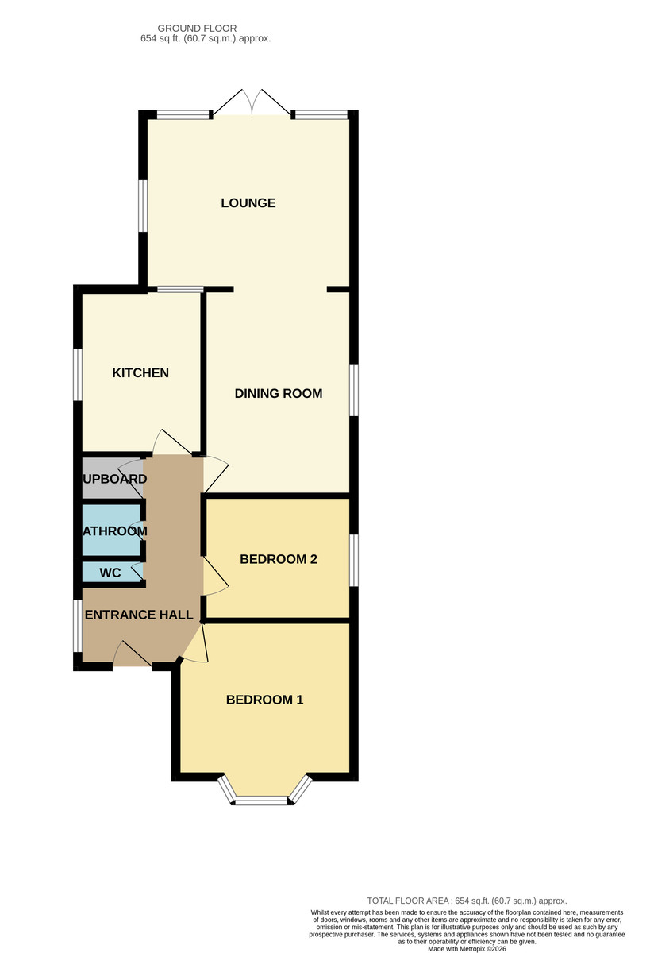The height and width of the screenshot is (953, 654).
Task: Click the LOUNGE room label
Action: tap(248, 203)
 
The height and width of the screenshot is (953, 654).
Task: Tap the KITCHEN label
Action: tap(140, 373)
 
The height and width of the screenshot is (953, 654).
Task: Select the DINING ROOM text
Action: tap(279, 393)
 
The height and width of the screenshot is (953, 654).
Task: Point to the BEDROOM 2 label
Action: tap(279, 559)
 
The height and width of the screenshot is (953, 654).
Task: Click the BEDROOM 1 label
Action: tap(264, 700)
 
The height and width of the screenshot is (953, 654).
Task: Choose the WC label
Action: tap(110, 573)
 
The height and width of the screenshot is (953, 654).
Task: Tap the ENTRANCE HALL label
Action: tap(139, 615)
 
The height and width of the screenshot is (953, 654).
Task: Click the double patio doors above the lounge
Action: tap(252, 103)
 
